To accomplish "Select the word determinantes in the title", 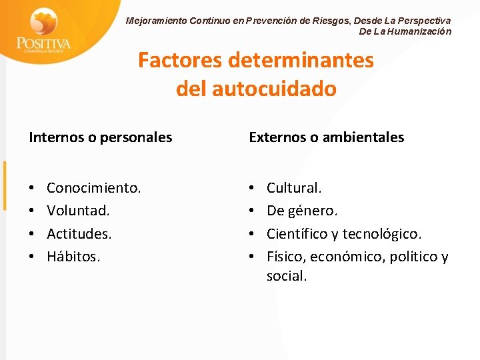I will [301, 61].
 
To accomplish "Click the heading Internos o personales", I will [101, 137].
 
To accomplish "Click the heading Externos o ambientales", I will [326, 137].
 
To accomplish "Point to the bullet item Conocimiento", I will [94, 189].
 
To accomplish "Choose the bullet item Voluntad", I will [78, 211].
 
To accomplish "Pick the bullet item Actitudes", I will [79, 234].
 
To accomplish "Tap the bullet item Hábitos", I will [73, 257].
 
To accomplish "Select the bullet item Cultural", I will [294, 189].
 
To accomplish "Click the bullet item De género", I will [302, 211].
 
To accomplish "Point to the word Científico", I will [297, 234].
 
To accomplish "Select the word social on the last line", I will [287, 276].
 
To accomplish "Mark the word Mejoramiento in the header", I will [156, 21].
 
